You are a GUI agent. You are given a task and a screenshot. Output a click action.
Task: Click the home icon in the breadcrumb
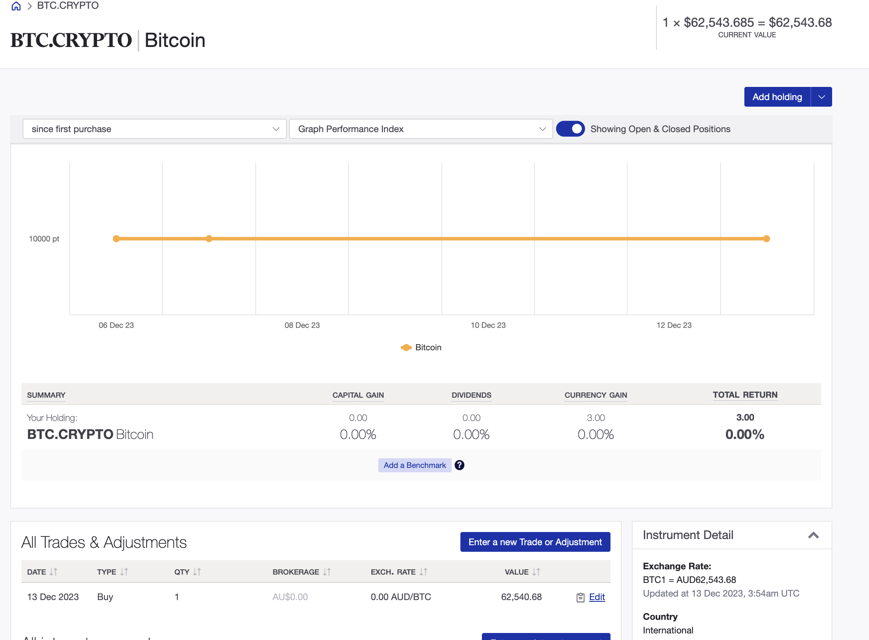16,6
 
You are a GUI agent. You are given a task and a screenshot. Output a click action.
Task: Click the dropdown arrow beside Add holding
822,97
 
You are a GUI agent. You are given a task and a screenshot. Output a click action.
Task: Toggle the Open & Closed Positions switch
570,129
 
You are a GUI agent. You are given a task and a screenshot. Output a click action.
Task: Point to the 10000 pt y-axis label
44,239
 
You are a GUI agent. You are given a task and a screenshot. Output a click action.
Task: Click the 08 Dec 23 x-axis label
302,325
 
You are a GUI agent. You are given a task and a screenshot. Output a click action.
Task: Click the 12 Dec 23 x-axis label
674,325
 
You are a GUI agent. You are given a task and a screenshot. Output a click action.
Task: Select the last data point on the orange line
766,239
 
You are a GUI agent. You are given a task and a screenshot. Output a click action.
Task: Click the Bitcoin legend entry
421,348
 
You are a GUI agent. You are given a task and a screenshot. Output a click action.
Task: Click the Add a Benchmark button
414,465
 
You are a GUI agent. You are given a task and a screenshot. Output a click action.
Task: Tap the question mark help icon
460,465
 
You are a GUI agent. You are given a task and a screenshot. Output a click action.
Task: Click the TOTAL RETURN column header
745,395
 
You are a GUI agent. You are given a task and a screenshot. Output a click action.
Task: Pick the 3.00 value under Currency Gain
596,418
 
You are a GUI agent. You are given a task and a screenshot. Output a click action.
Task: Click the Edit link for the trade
596,597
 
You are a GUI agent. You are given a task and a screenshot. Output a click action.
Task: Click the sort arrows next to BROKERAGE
327,572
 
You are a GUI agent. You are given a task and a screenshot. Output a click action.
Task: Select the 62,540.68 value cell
521,597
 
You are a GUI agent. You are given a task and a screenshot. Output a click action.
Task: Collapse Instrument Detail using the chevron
813,535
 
